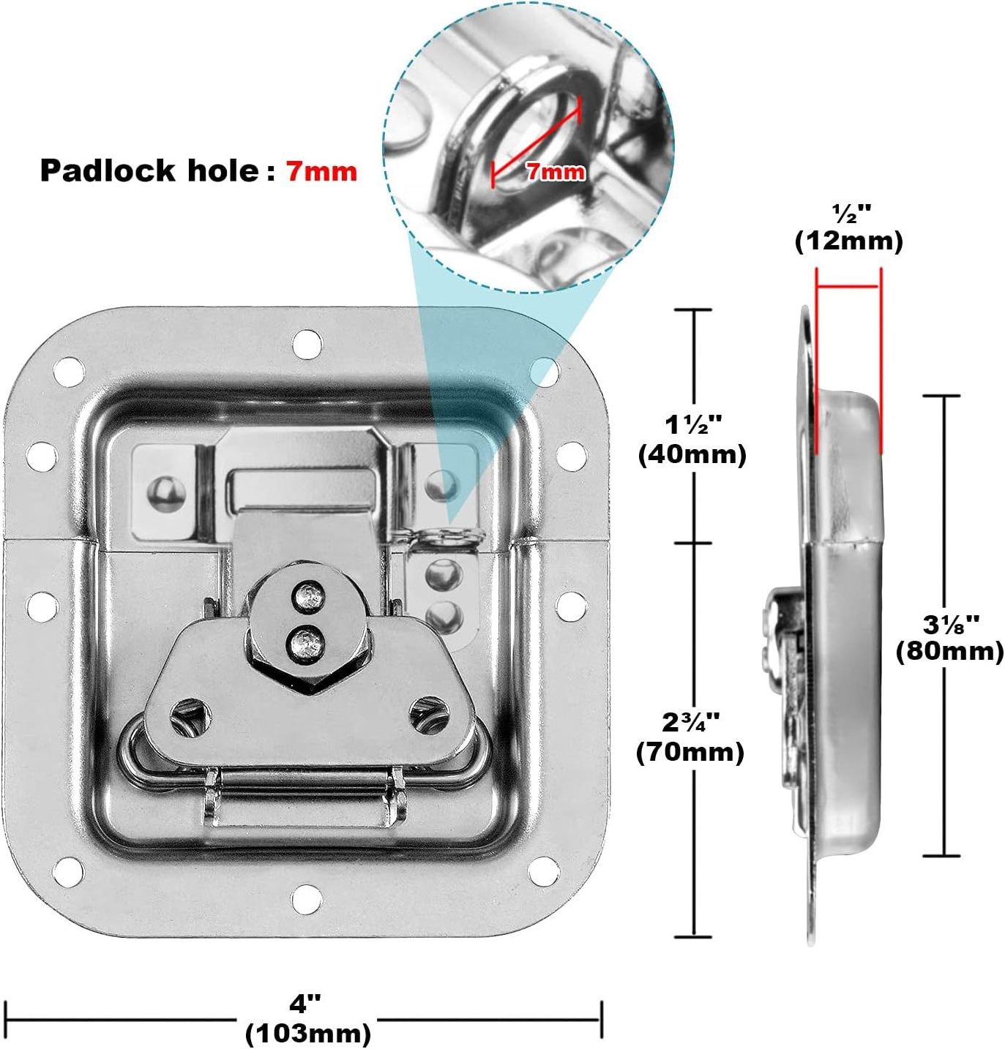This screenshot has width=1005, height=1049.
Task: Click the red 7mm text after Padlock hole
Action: click(x=321, y=170)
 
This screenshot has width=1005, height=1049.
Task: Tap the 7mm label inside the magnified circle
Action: click(x=556, y=172)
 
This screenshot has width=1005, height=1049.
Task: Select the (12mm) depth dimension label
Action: click(x=848, y=241)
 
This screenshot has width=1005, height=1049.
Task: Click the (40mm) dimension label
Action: click(x=692, y=454)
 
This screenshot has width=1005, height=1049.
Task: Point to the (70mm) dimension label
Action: click(x=690, y=752)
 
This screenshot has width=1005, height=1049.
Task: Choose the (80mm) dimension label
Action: click(x=949, y=650)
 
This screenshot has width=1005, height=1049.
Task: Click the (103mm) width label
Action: click(x=307, y=1034)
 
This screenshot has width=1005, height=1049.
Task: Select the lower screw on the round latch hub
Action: click(x=305, y=644)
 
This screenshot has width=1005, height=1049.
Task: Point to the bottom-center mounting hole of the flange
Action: click(x=307, y=899)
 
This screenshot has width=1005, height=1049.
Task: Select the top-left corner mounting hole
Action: click(x=69, y=373)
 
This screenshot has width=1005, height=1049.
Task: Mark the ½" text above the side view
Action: click(x=852, y=214)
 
